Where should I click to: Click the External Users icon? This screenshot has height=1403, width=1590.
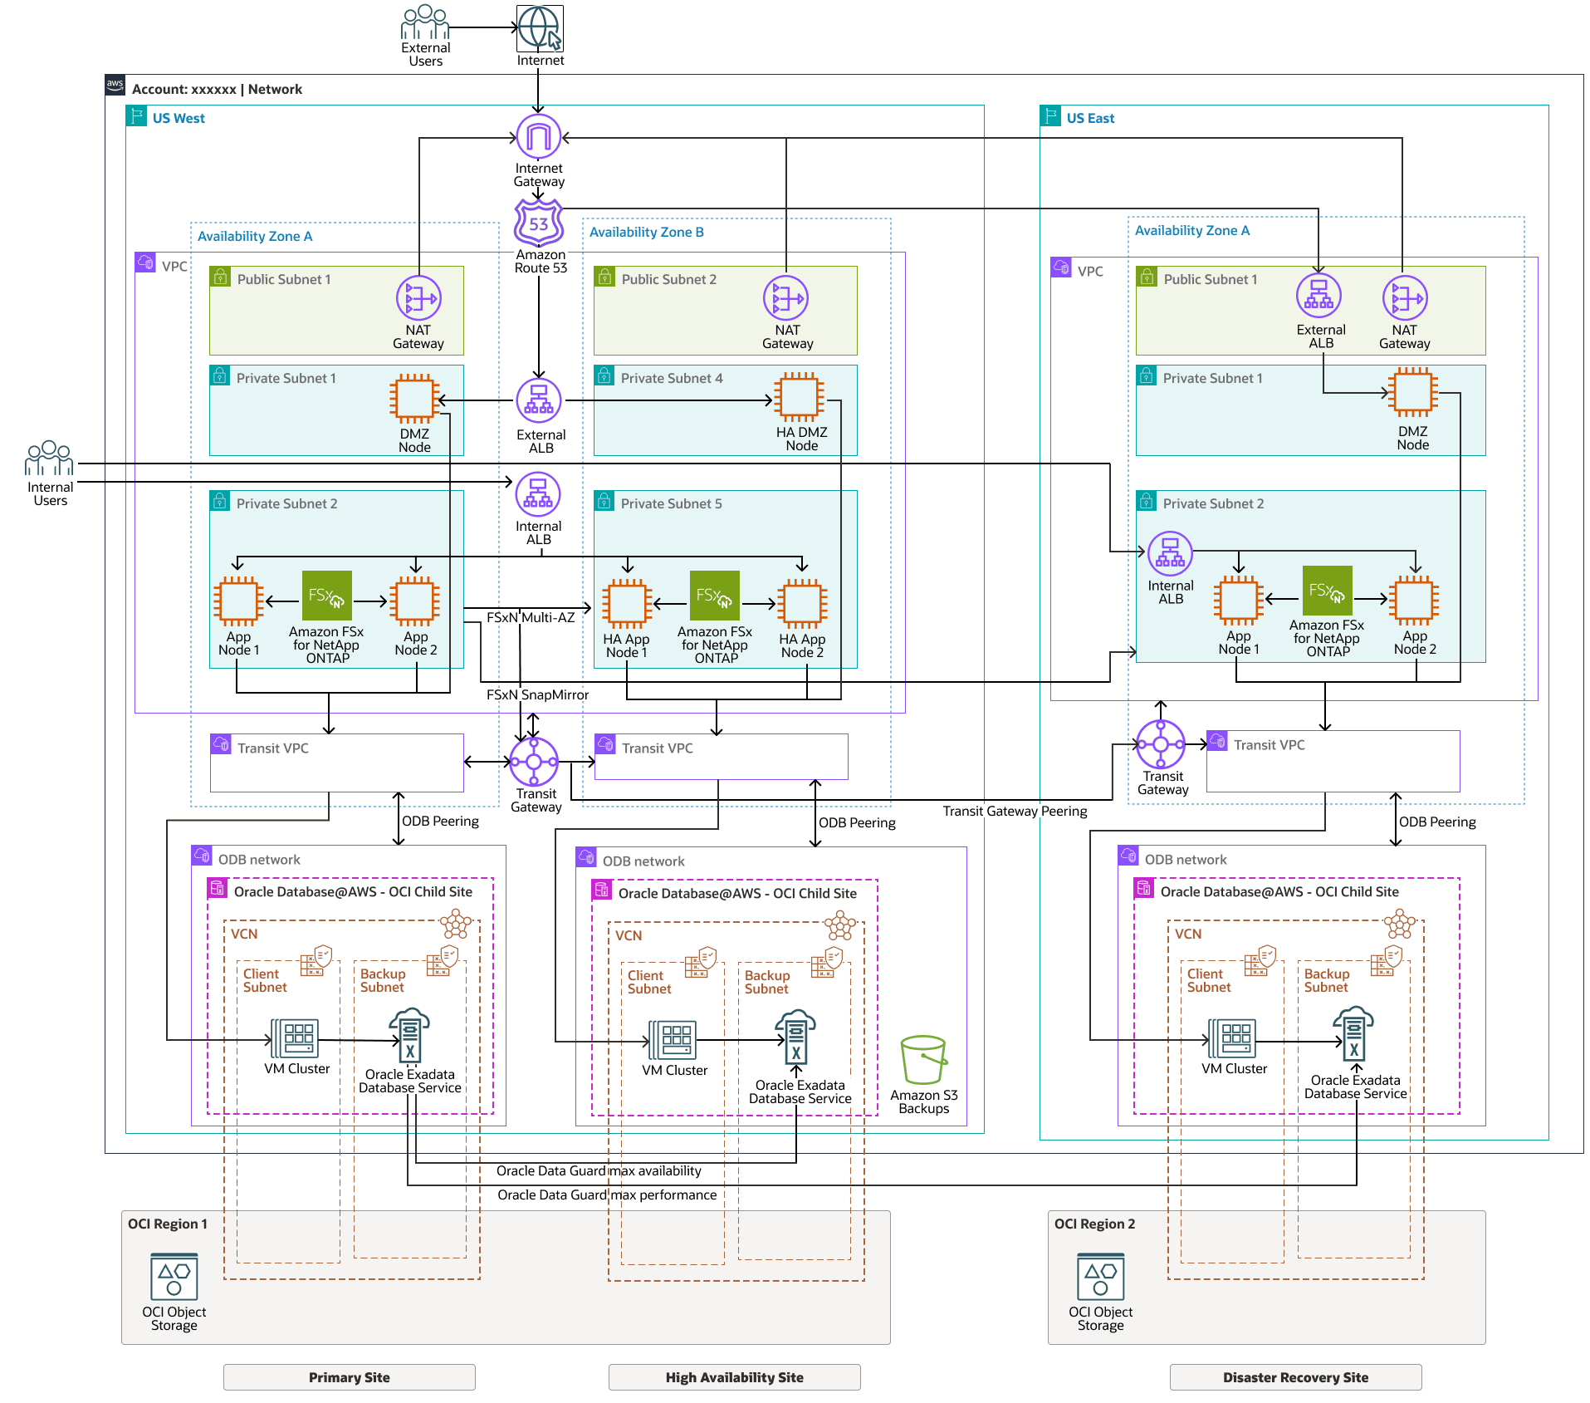425,22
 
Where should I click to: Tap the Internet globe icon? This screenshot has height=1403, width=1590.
540,27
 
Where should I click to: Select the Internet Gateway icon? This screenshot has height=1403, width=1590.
539,136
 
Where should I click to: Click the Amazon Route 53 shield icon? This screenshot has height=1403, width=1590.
539,223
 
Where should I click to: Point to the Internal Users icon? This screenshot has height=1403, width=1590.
50,459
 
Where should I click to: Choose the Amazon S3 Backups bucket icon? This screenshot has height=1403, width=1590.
923,1060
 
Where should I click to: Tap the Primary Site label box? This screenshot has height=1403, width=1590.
349,1377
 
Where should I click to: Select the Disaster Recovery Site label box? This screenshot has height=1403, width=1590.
1295,1377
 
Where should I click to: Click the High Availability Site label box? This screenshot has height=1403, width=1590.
734,1377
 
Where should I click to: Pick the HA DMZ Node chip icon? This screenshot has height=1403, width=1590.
800,397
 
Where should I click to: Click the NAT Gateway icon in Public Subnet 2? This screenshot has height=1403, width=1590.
786,298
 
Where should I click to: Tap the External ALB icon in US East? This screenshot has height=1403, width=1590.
1318,296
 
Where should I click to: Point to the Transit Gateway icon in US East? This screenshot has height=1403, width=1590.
1161,744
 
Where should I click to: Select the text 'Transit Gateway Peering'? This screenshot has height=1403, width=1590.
1015,811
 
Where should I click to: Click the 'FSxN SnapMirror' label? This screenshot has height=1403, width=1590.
537,694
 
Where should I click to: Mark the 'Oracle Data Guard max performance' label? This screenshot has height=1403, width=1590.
607,1195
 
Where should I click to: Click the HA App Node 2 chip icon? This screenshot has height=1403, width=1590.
802,604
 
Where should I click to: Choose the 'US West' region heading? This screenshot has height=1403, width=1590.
179,118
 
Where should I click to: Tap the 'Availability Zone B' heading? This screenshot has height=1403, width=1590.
646,232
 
